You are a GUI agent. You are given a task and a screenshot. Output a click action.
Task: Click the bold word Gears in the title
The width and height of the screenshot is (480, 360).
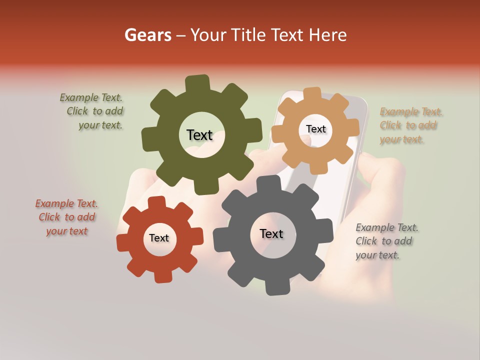click(x=147, y=35)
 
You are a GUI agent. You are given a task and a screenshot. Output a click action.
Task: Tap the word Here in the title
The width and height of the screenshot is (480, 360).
click(x=327, y=35)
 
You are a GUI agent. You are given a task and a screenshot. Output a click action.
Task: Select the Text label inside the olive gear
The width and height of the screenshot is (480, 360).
click(x=199, y=135)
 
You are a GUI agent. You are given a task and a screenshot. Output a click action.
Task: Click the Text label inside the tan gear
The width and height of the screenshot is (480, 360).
click(x=315, y=129)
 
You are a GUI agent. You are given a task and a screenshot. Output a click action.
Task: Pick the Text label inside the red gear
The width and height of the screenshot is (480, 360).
click(x=159, y=238)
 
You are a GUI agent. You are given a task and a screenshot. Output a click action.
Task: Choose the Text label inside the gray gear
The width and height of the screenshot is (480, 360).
click(x=271, y=233)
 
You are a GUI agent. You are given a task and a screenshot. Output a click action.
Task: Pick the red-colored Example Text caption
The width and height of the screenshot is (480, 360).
click(x=66, y=217)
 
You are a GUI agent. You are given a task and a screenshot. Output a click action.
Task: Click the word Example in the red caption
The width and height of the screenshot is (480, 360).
click(x=53, y=204)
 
